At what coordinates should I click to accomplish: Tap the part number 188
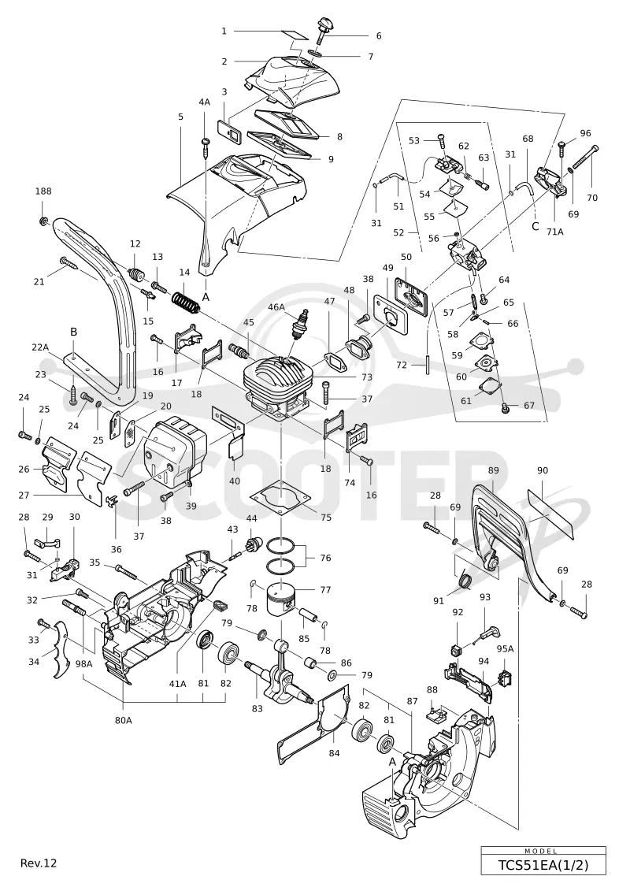point(43,191)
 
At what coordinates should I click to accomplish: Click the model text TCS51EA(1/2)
point(543,866)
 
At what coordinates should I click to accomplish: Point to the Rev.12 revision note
point(39,863)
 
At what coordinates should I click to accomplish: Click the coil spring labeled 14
point(186,301)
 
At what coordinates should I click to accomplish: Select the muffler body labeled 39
point(170,447)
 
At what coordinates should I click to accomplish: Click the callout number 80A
point(124,720)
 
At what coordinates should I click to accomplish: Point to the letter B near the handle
point(73,332)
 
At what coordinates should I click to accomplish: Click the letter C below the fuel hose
point(535,227)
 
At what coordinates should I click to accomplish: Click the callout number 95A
point(505,648)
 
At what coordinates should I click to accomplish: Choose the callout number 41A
point(177,684)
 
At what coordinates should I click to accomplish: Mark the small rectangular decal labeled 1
point(297,35)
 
